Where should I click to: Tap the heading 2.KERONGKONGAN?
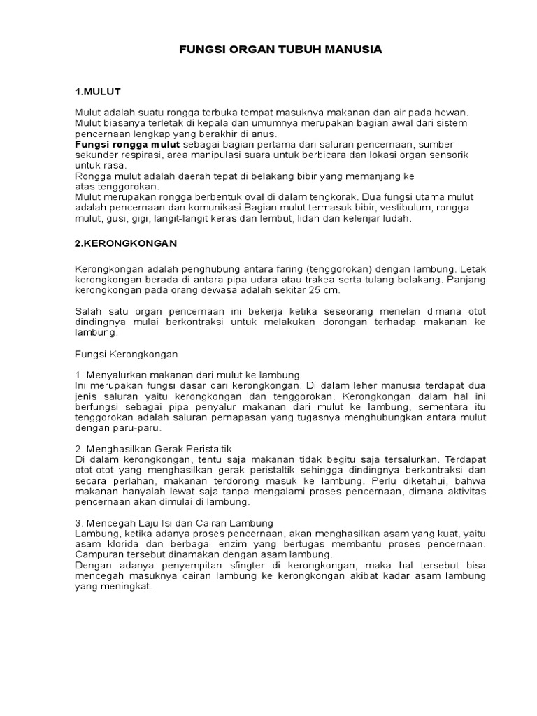pyautogui.click(x=126, y=243)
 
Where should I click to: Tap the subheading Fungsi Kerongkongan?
pyautogui.click(x=127, y=354)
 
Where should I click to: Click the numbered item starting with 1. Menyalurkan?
pyautogui.click(x=187, y=375)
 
